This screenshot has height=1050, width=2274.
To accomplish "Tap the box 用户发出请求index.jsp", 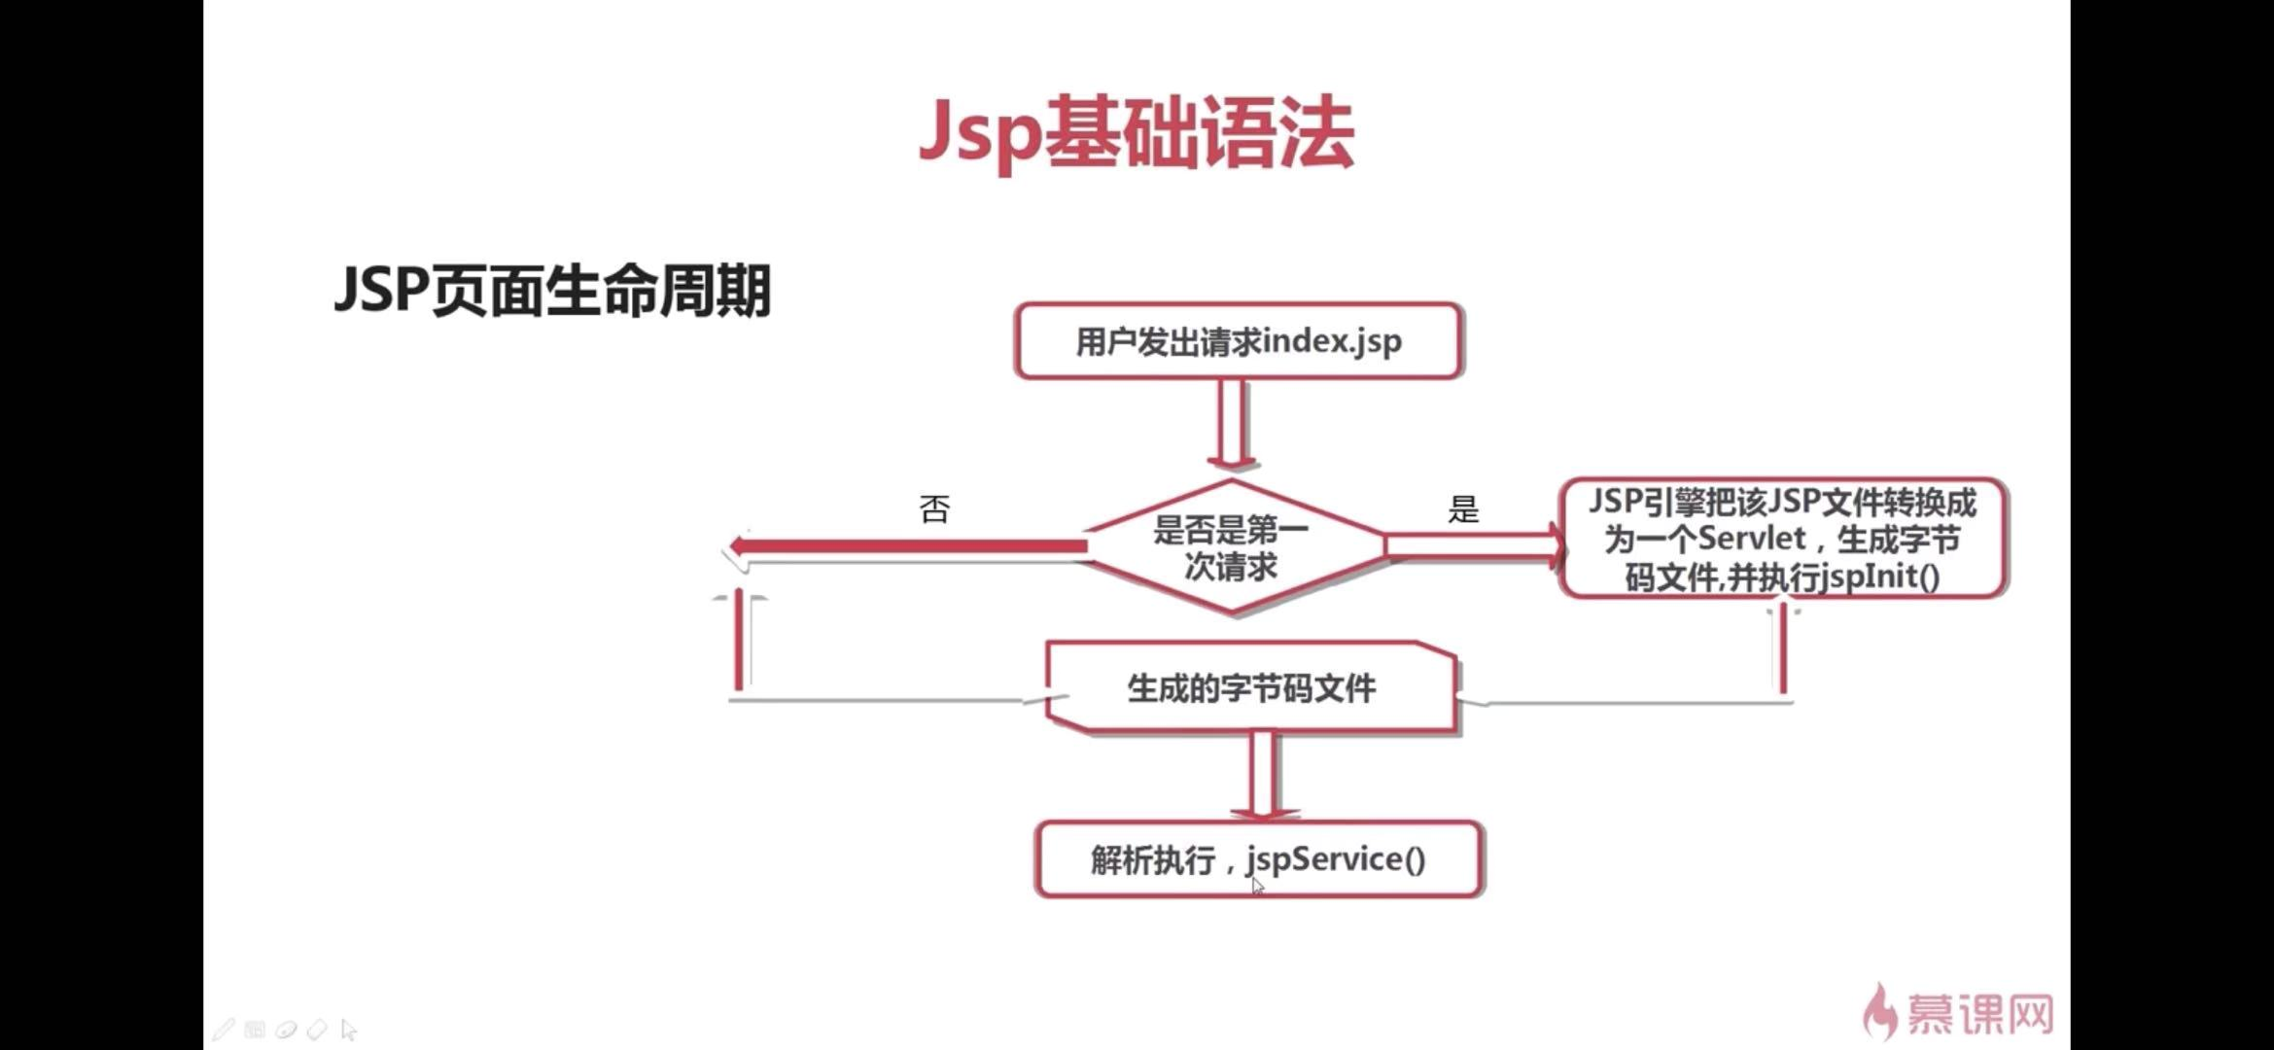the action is pos(1238,341).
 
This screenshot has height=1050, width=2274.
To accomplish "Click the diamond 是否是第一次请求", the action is pos(1232,547).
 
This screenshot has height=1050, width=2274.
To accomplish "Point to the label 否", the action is pos(934,508).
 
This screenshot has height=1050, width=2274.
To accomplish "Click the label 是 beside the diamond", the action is pos(1463,508).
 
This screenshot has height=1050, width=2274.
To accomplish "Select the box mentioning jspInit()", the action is pos(1783,539).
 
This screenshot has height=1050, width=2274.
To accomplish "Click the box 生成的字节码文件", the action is pos(1251,687).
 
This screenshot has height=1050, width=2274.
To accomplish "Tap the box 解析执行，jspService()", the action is pos(1259,859).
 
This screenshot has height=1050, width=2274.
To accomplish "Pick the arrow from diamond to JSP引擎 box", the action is pos(1474,544).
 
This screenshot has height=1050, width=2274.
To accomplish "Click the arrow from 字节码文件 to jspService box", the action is pos(1263,776).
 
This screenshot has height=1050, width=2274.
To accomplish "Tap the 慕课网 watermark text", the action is pos(1979,1015).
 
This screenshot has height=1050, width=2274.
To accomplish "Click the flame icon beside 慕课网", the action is pos(1880,1011).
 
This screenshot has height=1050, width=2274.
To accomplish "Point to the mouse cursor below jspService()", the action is pos(1257,886).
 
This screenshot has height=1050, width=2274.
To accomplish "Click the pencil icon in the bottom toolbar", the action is pos(224,1029).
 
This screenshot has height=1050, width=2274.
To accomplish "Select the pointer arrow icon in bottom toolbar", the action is pos(349,1029).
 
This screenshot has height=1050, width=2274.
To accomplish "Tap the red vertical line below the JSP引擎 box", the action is pos(1783,647).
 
